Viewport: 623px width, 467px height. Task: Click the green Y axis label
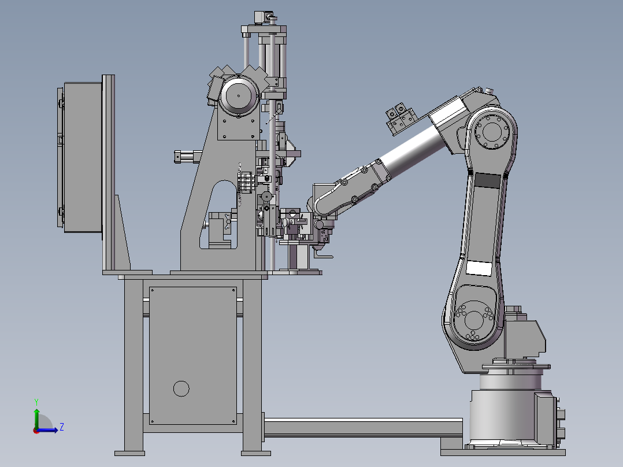coord(36,402)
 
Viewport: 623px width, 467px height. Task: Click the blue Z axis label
coord(62,427)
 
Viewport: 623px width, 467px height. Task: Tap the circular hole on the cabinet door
coord(181,389)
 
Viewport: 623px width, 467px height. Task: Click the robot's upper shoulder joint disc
coord(492,131)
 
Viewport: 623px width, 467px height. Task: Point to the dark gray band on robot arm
coord(488,181)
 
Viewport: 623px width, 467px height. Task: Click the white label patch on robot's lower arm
coord(479,268)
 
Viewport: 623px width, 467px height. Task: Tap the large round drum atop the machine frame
coord(239,96)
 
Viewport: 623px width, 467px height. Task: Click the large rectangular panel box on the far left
coord(83,157)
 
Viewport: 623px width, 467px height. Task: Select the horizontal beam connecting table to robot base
coord(363,427)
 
